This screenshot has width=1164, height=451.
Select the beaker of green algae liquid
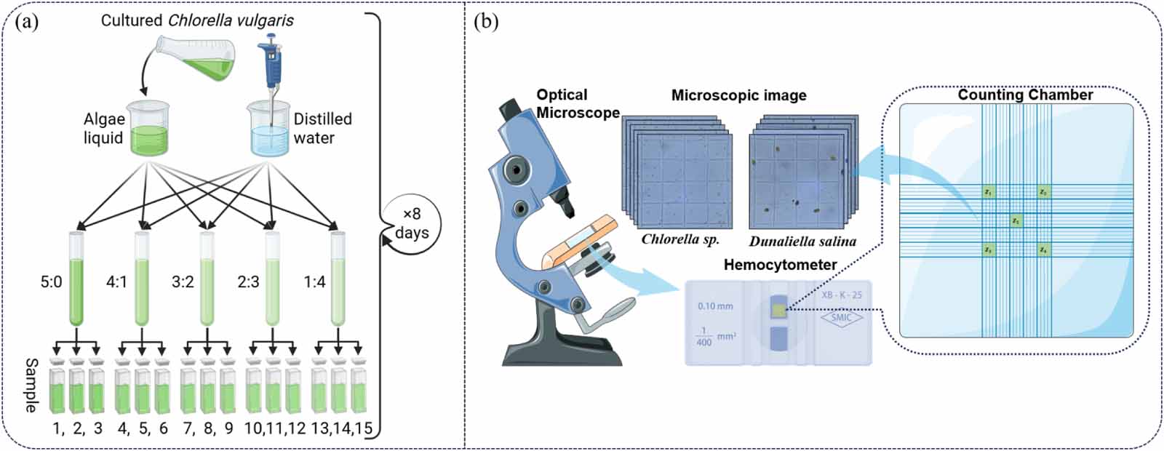pos(149,129)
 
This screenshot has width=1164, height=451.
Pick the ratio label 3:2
pos(183,282)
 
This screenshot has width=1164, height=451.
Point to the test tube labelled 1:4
pos(338,280)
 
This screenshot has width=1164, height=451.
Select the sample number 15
pos(362,428)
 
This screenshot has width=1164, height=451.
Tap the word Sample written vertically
pos(31,385)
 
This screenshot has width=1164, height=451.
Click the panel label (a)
pos(27,21)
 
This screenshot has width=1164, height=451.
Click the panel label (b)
pos(486,21)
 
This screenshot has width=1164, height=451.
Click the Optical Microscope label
pos(575,103)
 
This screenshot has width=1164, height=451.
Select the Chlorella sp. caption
pos(679,239)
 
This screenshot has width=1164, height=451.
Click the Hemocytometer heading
pos(779,265)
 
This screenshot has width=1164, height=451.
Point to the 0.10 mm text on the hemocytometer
pos(715,306)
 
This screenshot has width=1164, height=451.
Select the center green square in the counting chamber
pos(1016,220)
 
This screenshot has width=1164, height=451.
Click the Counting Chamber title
pos(1024,95)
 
